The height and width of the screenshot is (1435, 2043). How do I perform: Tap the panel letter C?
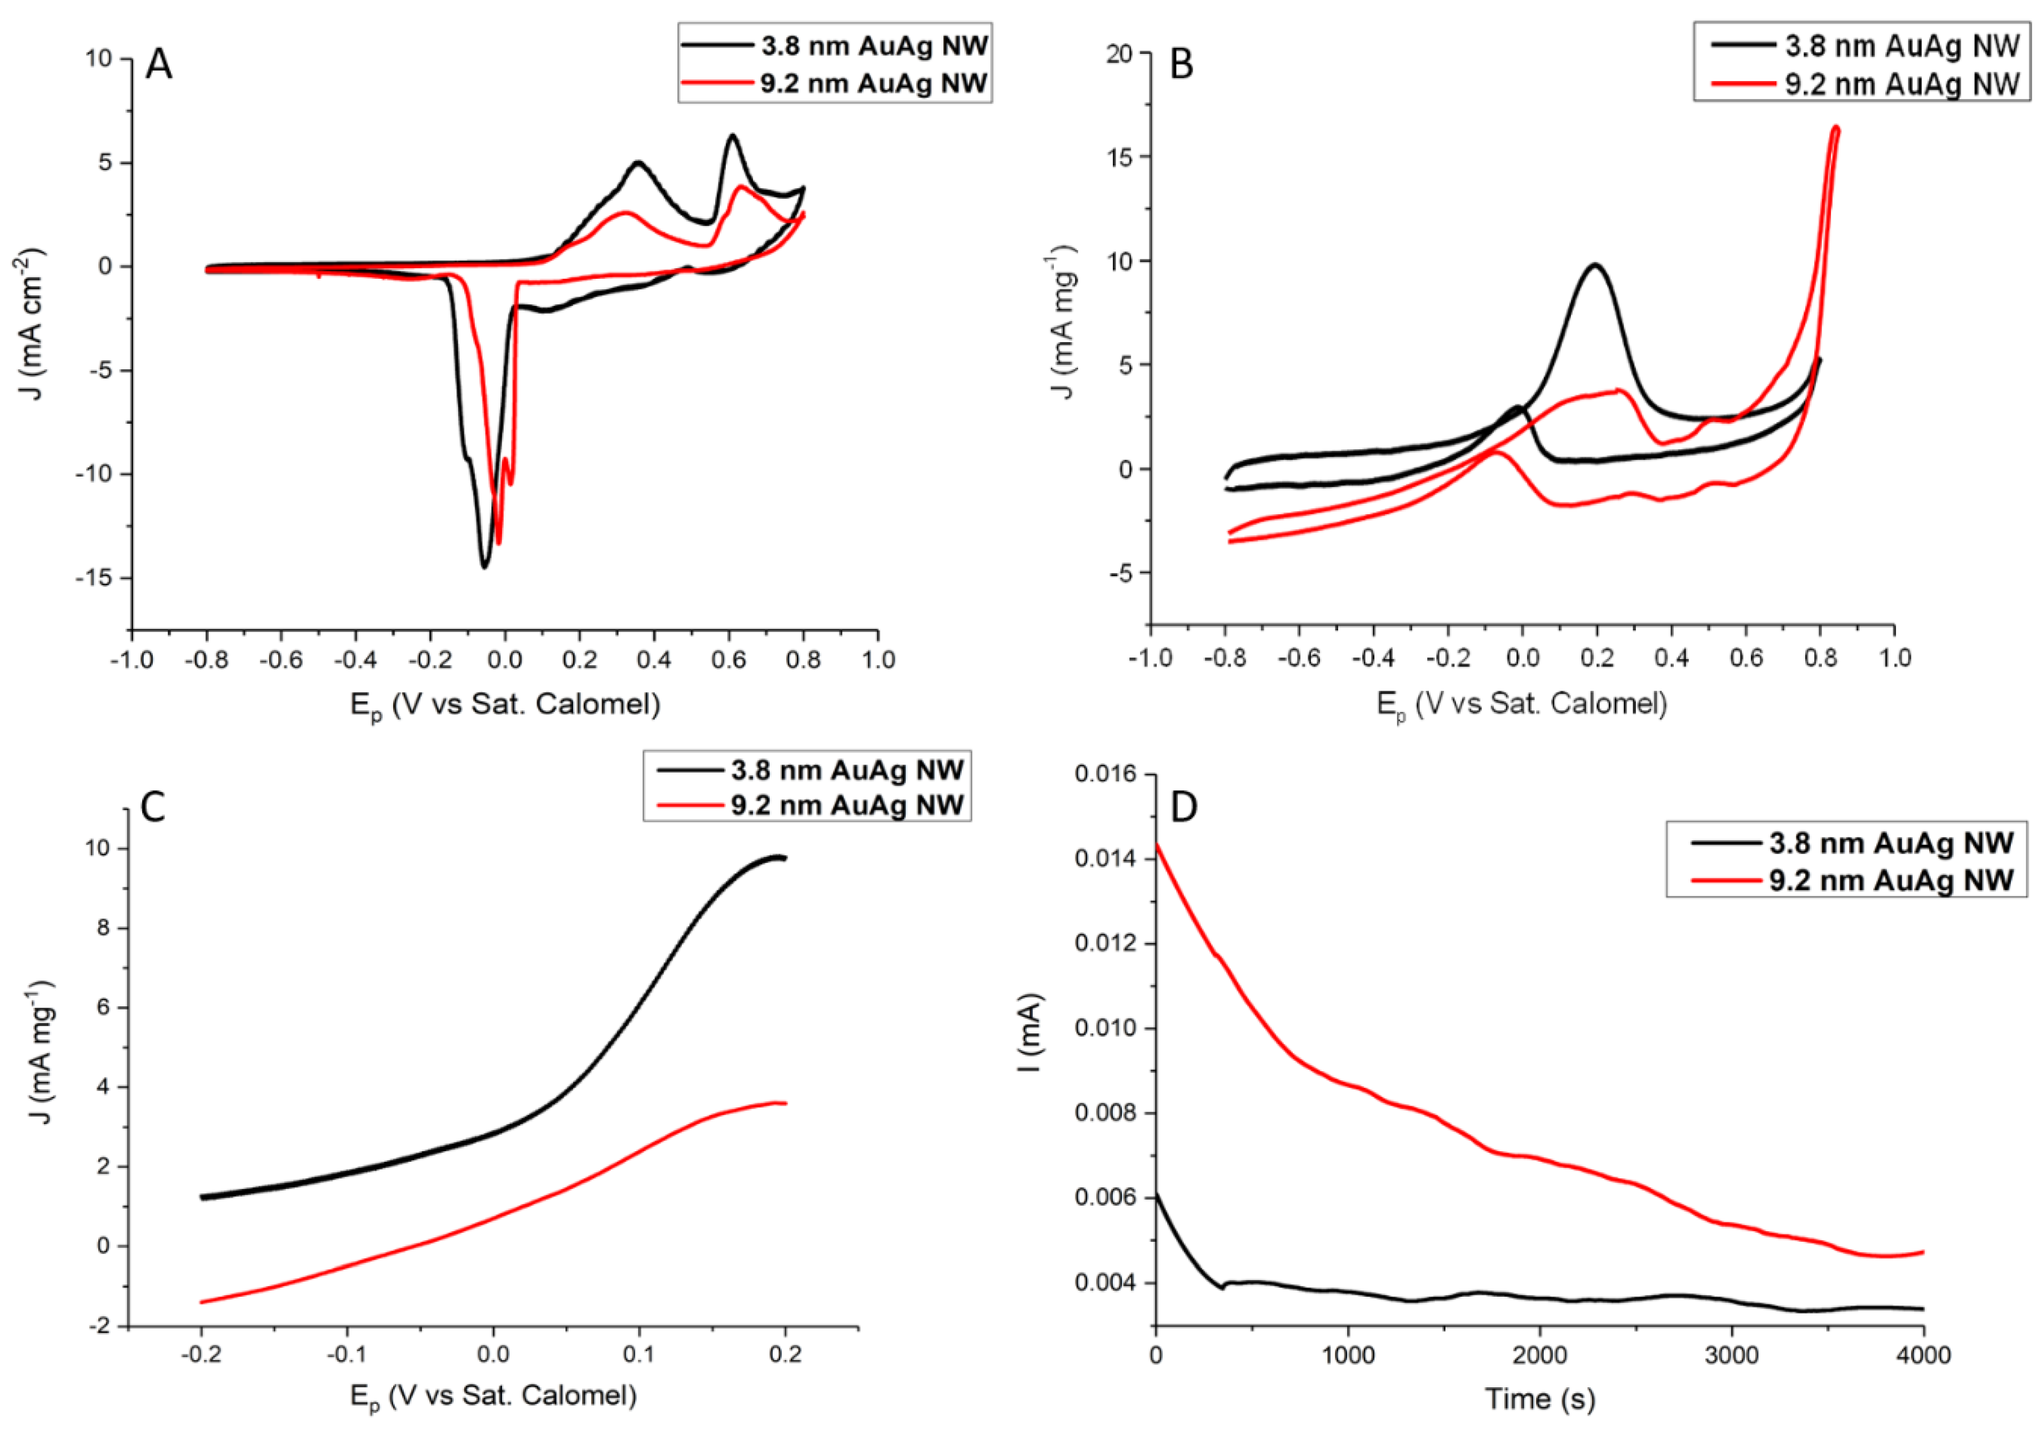tap(153, 808)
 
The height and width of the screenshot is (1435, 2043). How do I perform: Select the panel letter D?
tap(1183, 807)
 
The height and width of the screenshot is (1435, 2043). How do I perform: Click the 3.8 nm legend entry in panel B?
tap(1901, 46)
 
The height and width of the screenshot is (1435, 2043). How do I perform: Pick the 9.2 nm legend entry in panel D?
tap(1891, 880)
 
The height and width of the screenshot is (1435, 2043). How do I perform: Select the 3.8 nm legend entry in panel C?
tap(847, 770)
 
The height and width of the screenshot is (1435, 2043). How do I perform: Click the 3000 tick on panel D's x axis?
tap(1731, 1356)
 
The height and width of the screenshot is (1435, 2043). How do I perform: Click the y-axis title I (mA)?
tap(1031, 1032)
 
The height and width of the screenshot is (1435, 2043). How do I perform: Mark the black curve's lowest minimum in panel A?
tap(485, 566)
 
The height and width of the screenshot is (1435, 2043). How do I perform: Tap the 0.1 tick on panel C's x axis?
tap(638, 1354)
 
